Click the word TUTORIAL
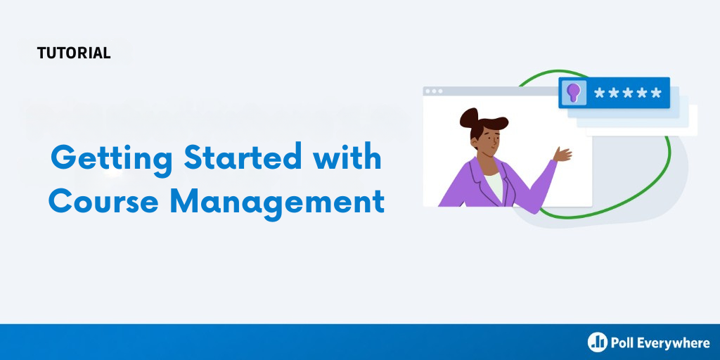(x=74, y=53)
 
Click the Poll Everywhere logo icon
(x=598, y=342)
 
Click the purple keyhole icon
(x=574, y=93)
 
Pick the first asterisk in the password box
(x=599, y=94)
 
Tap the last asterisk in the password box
(x=655, y=94)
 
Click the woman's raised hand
(x=562, y=154)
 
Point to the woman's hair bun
(x=468, y=117)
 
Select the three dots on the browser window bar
(x=434, y=91)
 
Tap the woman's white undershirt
(x=494, y=185)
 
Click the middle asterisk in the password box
(x=627, y=94)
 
